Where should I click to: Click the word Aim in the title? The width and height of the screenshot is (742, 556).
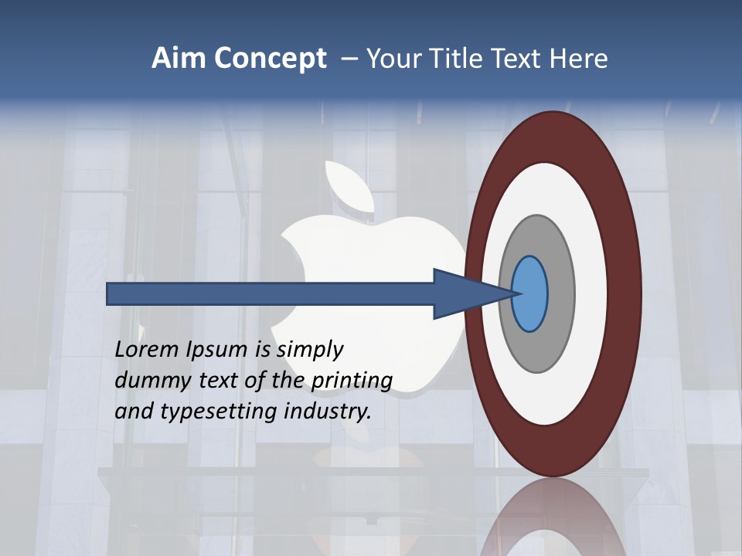(179, 59)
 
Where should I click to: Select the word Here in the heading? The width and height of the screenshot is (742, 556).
(579, 59)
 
